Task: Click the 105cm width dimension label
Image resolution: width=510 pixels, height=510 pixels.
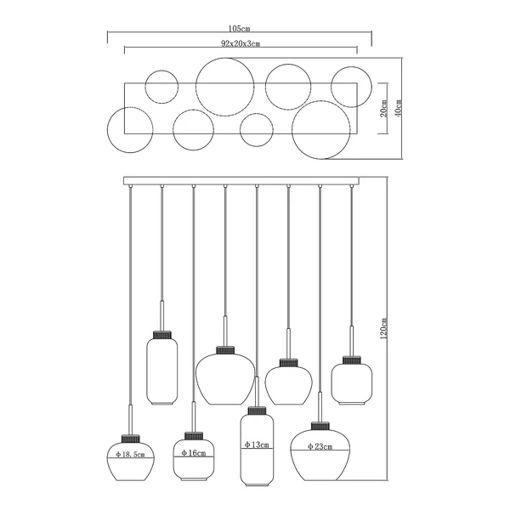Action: click(x=239, y=29)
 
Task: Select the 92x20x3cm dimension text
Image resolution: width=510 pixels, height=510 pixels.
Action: click(x=241, y=43)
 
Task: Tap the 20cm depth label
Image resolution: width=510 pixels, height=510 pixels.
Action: click(x=384, y=108)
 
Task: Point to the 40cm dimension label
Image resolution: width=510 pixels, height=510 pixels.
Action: click(x=399, y=108)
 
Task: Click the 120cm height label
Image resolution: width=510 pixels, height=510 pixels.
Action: click(x=384, y=328)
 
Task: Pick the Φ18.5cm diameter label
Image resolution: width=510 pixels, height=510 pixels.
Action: click(x=130, y=455)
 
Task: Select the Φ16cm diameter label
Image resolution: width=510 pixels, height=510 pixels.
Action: click(x=194, y=453)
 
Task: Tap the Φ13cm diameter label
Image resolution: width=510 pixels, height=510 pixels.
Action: click(x=257, y=445)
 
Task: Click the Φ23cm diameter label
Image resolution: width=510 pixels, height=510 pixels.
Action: click(x=320, y=446)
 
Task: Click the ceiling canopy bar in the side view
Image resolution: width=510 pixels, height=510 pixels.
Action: click(x=241, y=181)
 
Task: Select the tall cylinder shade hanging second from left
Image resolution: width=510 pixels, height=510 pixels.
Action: click(x=162, y=371)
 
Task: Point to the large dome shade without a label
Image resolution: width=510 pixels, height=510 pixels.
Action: click(x=225, y=379)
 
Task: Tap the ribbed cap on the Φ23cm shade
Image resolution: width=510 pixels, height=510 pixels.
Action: click(x=320, y=426)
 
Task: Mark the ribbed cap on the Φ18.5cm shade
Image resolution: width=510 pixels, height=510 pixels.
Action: click(x=130, y=439)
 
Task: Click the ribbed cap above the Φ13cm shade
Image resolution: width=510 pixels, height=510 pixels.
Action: click(x=257, y=411)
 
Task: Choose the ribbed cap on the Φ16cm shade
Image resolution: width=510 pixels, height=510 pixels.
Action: click(x=194, y=436)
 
